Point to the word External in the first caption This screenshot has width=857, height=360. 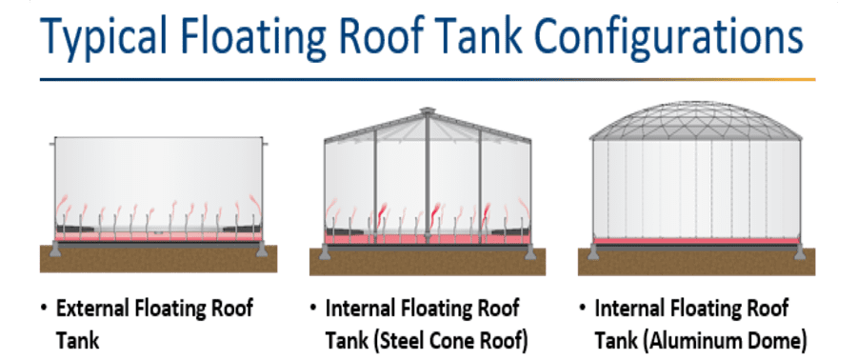click(94, 309)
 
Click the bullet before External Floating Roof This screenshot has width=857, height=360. click(44, 309)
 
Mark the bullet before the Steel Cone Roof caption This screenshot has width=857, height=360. click(314, 309)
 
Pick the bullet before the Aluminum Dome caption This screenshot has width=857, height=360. click(583, 309)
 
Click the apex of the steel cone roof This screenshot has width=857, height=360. click(427, 111)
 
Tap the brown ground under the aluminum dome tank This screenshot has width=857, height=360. click(695, 260)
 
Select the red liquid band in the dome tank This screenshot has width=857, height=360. click(695, 241)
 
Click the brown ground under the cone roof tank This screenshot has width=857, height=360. click(427, 261)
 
